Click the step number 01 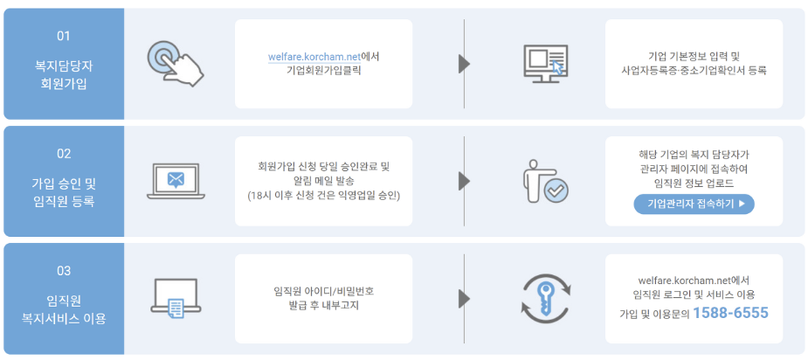[63, 37]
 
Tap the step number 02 [64, 154]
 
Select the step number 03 [64, 271]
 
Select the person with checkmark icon [544, 181]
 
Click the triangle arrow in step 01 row [465, 64]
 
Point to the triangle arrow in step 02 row [465, 181]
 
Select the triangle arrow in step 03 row [465, 298]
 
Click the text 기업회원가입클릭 [323, 72]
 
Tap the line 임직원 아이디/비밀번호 [323, 291]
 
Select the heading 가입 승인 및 [64, 182]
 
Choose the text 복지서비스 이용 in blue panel [64, 319]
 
